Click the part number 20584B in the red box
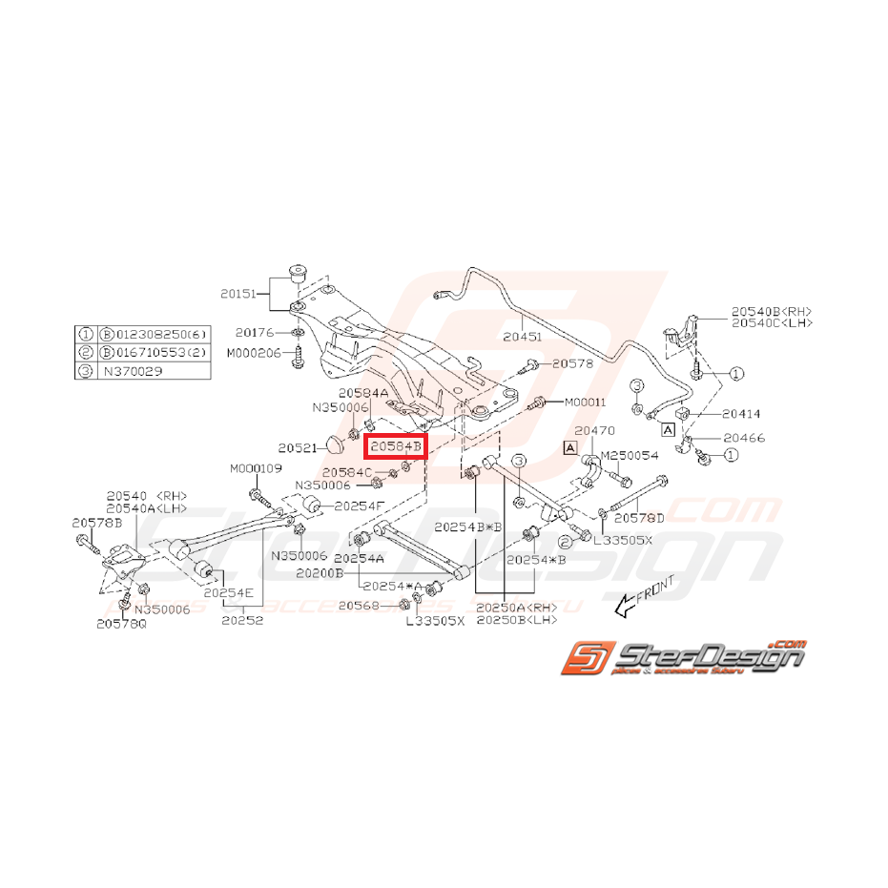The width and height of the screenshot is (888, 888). click(x=397, y=445)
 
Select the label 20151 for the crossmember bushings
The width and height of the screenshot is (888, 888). click(x=239, y=296)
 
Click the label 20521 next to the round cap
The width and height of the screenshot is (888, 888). click(x=297, y=447)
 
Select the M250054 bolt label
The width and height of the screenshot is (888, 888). click(x=629, y=458)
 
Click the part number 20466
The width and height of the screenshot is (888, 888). click(x=743, y=438)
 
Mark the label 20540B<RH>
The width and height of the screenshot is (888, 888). click(x=771, y=311)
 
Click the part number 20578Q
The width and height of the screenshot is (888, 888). click(x=121, y=623)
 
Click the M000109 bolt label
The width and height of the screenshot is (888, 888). click(x=256, y=468)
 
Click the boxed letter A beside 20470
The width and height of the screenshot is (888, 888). click(x=570, y=446)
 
